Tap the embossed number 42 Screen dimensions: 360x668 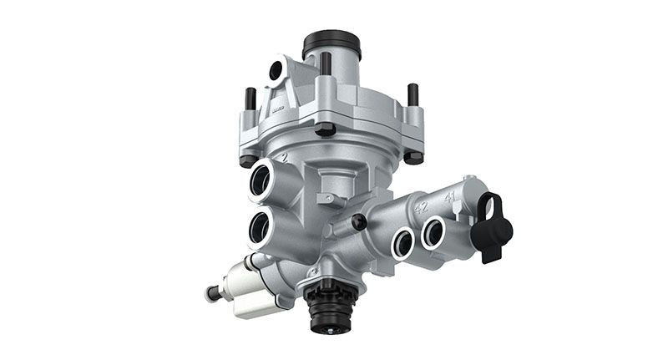click(421, 207)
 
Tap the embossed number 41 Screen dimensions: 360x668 click(449, 198)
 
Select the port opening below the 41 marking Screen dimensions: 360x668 click(434, 231)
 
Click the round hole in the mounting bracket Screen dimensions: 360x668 click(275, 73)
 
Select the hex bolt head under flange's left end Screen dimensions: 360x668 click(245, 160)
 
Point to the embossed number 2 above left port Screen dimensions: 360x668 click(285, 157)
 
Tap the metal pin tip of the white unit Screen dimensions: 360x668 click(209, 293)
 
